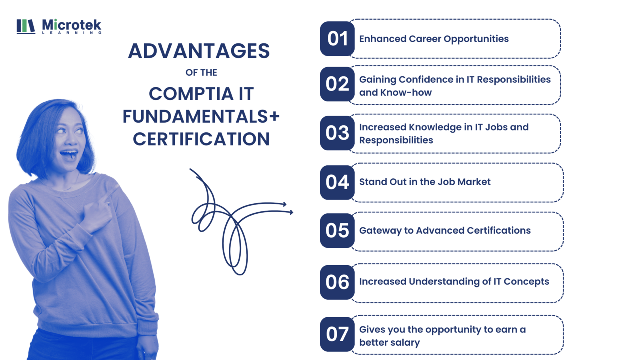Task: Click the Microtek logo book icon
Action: pyautogui.click(x=26, y=26)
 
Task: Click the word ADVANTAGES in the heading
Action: pyautogui.click(x=199, y=51)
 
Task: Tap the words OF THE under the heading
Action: pyautogui.click(x=201, y=72)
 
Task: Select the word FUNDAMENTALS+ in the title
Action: pyautogui.click(x=201, y=116)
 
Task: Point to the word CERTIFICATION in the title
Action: pyautogui.click(x=201, y=139)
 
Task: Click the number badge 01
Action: pyautogui.click(x=338, y=38)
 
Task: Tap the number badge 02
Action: pyautogui.click(x=338, y=84)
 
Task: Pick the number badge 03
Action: pyautogui.click(x=338, y=133)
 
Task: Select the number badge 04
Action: pyautogui.click(x=338, y=182)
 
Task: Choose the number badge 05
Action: pyautogui.click(x=338, y=230)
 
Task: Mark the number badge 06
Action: pyautogui.click(x=338, y=282)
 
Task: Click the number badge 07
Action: pyautogui.click(x=338, y=334)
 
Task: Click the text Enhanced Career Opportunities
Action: pyautogui.click(x=434, y=39)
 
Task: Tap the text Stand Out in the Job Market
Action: pyautogui.click(x=424, y=182)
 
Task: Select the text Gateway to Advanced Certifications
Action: pyautogui.click(x=445, y=230)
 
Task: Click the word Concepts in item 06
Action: pyautogui.click(x=526, y=282)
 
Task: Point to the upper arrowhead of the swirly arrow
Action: pyautogui.click(x=284, y=204)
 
